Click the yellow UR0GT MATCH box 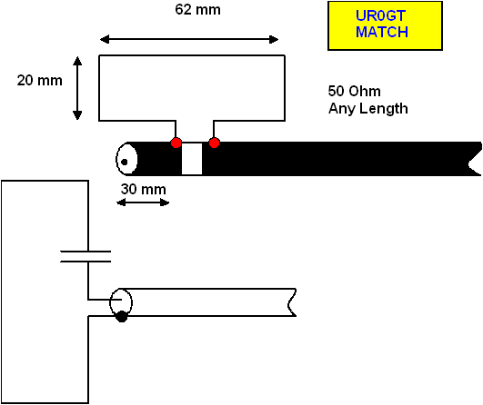tap(385, 25)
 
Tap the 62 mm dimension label tap(197, 10)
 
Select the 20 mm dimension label tap(39, 81)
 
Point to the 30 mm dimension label tap(143, 189)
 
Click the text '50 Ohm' tap(354, 91)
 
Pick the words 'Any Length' tap(368, 109)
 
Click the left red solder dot tap(176, 143)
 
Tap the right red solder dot tap(214, 143)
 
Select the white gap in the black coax tap(192, 159)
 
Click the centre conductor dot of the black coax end tap(125, 162)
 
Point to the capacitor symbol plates tap(86, 256)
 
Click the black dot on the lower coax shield tap(122, 316)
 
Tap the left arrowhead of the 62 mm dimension tap(105, 39)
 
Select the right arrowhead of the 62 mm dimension tap(274, 39)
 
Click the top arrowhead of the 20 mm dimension tap(77, 61)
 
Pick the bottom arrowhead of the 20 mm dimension tap(77, 115)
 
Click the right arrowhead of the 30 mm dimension tap(165, 202)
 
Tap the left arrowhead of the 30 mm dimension tap(121, 202)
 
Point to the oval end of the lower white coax tap(121, 302)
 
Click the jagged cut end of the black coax tap(476, 159)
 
